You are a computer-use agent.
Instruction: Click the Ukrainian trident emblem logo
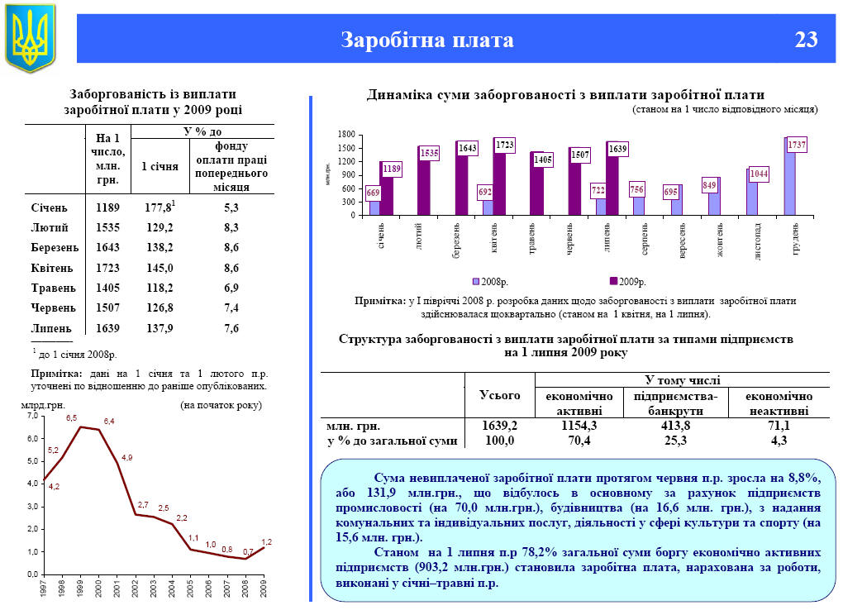point(31,36)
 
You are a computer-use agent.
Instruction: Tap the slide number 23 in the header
point(807,40)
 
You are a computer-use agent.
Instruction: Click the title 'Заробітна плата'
point(427,40)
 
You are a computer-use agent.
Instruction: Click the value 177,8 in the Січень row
point(157,207)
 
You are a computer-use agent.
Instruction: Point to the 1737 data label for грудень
point(797,145)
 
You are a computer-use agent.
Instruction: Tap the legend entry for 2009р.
point(627,282)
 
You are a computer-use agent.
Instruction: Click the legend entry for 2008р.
point(491,282)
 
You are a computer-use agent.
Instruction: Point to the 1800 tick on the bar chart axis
point(347,135)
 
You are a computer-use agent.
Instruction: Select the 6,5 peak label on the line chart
point(72,418)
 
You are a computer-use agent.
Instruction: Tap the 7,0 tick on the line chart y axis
point(32,417)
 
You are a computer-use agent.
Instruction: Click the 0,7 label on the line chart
point(249,550)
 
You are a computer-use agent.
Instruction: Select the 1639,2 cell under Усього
point(499,426)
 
